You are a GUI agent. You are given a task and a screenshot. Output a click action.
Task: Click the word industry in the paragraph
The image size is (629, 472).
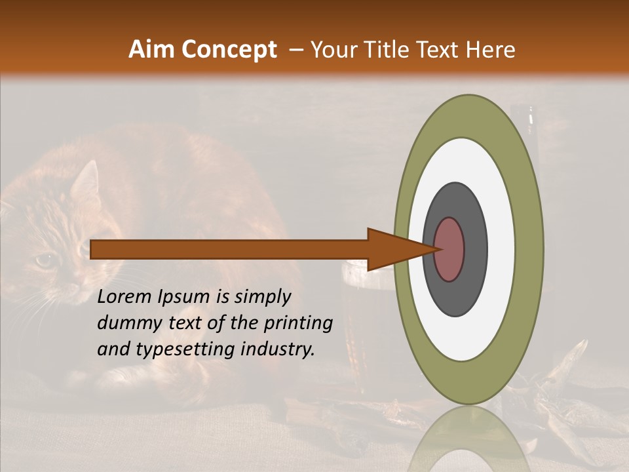(x=279, y=349)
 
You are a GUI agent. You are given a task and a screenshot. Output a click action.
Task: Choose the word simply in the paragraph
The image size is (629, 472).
(x=262, y=297)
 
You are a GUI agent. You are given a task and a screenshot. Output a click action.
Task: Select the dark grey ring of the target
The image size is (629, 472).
(x=475, y=249)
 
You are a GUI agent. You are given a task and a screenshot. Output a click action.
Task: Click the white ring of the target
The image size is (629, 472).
(x=501, y=249)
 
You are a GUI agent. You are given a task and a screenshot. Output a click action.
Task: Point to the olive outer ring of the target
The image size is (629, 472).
(x=531, y=249)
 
